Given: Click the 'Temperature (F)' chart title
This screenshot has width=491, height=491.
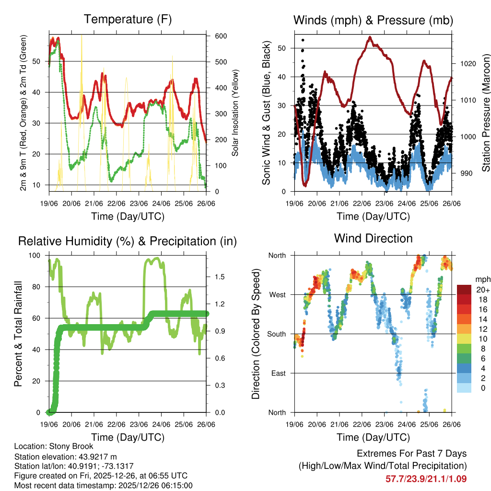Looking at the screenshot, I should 128,20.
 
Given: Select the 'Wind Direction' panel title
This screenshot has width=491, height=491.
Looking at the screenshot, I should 373,238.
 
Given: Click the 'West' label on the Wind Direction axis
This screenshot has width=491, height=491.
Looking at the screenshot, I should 277,294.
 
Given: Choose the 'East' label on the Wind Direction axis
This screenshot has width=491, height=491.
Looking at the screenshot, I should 278,373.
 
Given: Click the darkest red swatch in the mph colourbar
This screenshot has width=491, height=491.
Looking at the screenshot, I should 464,290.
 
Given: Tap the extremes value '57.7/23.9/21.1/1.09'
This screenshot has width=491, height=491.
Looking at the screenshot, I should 426,479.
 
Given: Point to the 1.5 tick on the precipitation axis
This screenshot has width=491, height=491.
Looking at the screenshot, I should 219,277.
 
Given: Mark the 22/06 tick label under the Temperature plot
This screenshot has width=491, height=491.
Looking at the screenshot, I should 116,204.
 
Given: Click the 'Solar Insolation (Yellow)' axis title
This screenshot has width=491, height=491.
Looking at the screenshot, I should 235,113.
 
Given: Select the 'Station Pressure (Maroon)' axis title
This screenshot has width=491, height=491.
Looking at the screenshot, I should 485,113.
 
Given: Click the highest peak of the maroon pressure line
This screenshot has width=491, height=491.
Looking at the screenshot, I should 370,37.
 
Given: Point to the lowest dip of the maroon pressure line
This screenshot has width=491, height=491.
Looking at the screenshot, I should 304,185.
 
